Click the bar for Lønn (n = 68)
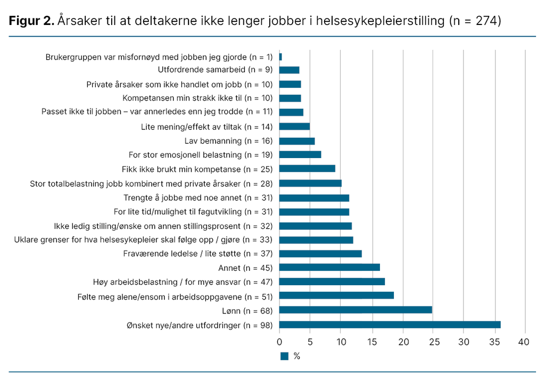356,310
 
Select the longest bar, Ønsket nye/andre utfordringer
390,325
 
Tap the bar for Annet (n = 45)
329,267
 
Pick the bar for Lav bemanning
297,141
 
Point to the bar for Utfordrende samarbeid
290,70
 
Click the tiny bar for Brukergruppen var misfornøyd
280,56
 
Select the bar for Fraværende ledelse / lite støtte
320,254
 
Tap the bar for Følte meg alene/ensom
336,295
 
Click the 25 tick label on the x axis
434,342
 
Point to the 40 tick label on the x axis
525,342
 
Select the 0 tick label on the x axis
279,342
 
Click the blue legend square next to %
284,356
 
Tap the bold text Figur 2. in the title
31,21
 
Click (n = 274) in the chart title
475,21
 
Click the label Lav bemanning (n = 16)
228,141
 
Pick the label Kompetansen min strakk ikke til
197,98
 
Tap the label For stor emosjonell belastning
201,155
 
